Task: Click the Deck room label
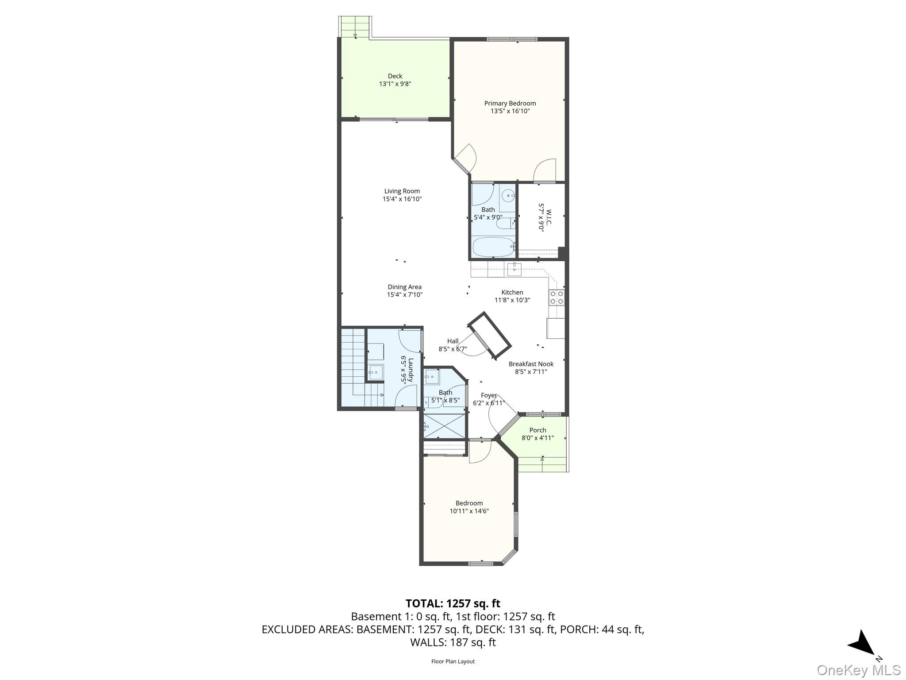395,76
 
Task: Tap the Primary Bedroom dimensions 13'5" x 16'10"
510,111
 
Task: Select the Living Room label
402,191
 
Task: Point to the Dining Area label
404,287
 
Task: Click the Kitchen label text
512,292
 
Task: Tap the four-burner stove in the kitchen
556,297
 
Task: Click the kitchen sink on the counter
514,269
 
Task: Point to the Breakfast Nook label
531,364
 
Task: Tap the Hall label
453,341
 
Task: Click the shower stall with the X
445,425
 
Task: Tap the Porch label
537,430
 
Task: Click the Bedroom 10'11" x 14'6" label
469,503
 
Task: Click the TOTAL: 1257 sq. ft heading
453,603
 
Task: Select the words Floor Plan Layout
453,661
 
